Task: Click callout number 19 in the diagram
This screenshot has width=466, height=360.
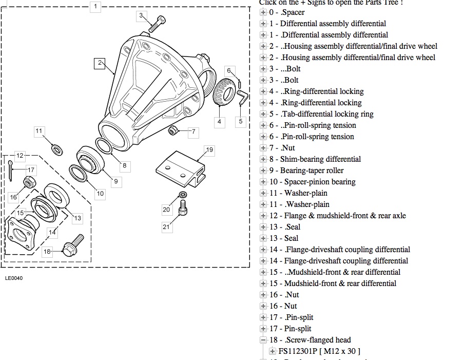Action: (x=209, y=150)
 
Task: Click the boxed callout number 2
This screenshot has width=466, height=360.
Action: (x=100, y=63)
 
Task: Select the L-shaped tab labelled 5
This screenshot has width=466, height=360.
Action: (x=242, y=98)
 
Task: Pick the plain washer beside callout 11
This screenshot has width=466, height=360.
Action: (x=56, y=149)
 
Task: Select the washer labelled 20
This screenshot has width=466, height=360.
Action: (x=183, y=194)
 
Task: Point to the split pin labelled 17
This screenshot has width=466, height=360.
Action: (x=11, y=170)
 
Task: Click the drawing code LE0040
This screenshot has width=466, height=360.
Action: (x=14, y=278)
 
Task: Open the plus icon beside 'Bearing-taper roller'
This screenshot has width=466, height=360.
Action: (x=263, y=170)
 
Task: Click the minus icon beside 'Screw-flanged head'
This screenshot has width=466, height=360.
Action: (x=263, y=340)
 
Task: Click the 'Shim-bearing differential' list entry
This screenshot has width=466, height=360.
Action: (x=315, y=159)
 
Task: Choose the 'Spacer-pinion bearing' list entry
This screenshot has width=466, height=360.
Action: (x=313, y=182)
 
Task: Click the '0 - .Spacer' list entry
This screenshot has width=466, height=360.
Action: (x=287, y=12)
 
